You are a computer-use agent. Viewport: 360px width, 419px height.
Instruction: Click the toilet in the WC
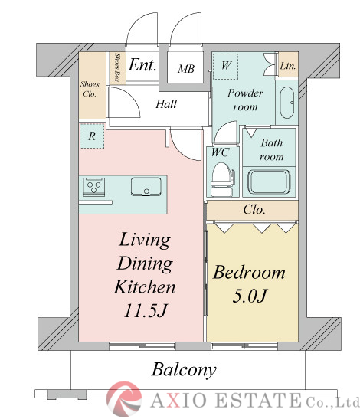point(222,179)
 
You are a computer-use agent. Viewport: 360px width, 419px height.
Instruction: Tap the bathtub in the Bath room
point(269,182)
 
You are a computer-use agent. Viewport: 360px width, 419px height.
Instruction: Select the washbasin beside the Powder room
point(287,103)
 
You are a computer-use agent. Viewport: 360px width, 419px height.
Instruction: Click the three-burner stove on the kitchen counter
point(93,186)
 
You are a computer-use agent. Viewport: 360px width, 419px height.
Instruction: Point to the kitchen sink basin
point(146,186)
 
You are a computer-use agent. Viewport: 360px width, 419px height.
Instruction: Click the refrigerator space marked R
point(92,136)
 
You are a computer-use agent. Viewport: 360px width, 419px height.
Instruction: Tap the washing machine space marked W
point(226,67)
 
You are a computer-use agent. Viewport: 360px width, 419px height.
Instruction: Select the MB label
point(186,69)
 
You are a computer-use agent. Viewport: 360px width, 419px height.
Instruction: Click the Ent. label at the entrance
point(142,65)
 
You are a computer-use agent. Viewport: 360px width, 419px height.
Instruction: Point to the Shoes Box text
point(116,67)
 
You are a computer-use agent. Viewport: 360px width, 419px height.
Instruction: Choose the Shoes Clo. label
point(90,89)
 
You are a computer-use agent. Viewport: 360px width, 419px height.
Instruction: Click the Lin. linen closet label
point(288,66)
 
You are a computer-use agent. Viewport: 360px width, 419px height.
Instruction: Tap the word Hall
point(166,104)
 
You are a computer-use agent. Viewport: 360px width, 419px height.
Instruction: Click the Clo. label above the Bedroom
point(254,210)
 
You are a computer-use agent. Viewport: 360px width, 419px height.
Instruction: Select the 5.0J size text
point(250,296)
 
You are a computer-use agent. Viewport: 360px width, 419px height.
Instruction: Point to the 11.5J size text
point(146,310)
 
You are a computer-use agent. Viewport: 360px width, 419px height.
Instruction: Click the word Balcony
point(184,370)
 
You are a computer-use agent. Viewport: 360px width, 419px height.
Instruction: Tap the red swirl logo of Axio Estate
point(124,399)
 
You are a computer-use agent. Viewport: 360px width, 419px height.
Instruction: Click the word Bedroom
point(249,273)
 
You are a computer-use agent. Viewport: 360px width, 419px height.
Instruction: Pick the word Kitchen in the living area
point(145,287)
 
